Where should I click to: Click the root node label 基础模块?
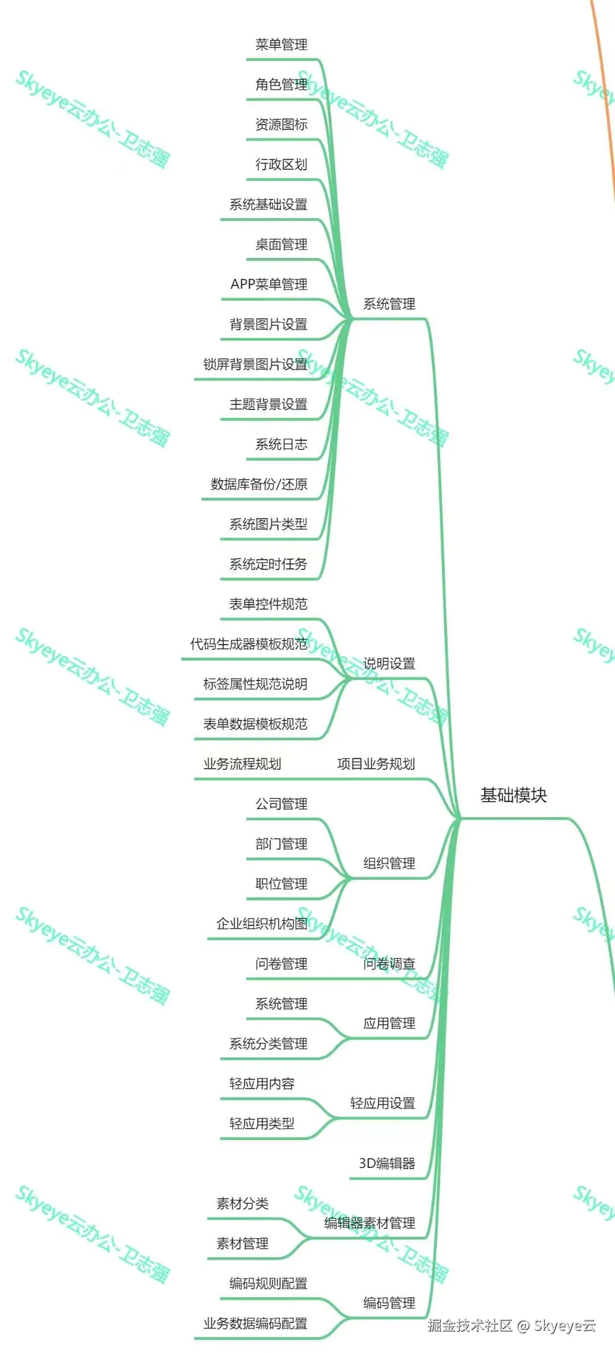click(x=513, y=795)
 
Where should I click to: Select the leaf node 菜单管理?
click(x=281, y=44)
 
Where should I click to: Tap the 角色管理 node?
click(x=281, y=84)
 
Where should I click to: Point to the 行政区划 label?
click(x=281, y=165)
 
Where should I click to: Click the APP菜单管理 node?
click(x=269, y=284)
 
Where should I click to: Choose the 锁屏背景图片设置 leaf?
click(x=255, y=364)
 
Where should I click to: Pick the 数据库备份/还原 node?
click(x=259, y=484)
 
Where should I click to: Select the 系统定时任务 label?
click(x=268, y=564)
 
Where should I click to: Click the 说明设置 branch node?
click(x=389, y=663)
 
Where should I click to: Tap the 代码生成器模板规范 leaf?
click(x=249, y=644)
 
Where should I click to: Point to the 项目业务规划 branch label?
click(x=376, y=764)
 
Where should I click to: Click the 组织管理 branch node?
click(x=389, y=863)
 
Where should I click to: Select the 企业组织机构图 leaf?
click(x=262, y=924)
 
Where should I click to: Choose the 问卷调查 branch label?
click(x=389, y=963)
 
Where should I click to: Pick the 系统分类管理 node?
click(x=268, y=1043)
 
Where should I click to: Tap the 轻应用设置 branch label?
click(x=383, y=1103)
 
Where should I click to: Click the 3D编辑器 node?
click(x=387, y=1163)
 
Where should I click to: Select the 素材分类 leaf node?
click(x=242, y=1203)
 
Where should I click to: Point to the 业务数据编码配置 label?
click(x=255, y=1323)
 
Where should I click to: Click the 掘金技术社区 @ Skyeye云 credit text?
click(x=511, y=1326)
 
